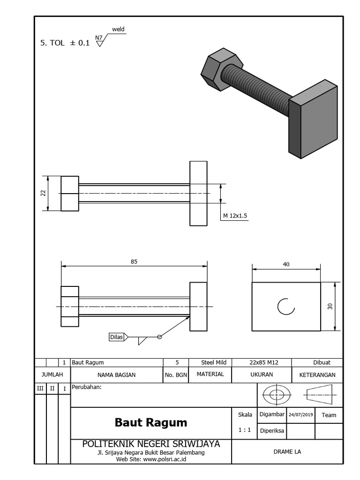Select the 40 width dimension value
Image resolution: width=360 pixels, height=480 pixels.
[x=286, y=264]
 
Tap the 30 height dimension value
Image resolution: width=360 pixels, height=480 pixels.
[x=330, y=306]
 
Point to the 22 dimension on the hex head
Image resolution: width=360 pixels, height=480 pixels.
[x=44, y=193]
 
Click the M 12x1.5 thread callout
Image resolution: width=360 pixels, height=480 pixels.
[x=235, y=216]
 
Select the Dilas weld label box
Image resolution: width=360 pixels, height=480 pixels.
[x=116, y=336]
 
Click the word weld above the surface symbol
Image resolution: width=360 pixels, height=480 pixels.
[x=118, y=30]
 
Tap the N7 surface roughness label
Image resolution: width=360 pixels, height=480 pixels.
[x=98, y=37]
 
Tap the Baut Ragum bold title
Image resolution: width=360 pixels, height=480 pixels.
[x=150, y=422]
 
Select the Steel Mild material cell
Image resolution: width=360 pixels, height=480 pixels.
[x=213, y=362]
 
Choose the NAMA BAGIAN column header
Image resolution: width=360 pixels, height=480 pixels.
[x=116, y=375]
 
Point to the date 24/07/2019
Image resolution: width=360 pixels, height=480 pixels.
[x=300, y=415]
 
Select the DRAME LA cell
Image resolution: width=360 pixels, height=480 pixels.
[x=287, y=452]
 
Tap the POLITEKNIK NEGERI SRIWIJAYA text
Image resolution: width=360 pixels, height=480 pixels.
[x=150, y=443]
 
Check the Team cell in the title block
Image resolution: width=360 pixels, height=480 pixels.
[x=329, y=415]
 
